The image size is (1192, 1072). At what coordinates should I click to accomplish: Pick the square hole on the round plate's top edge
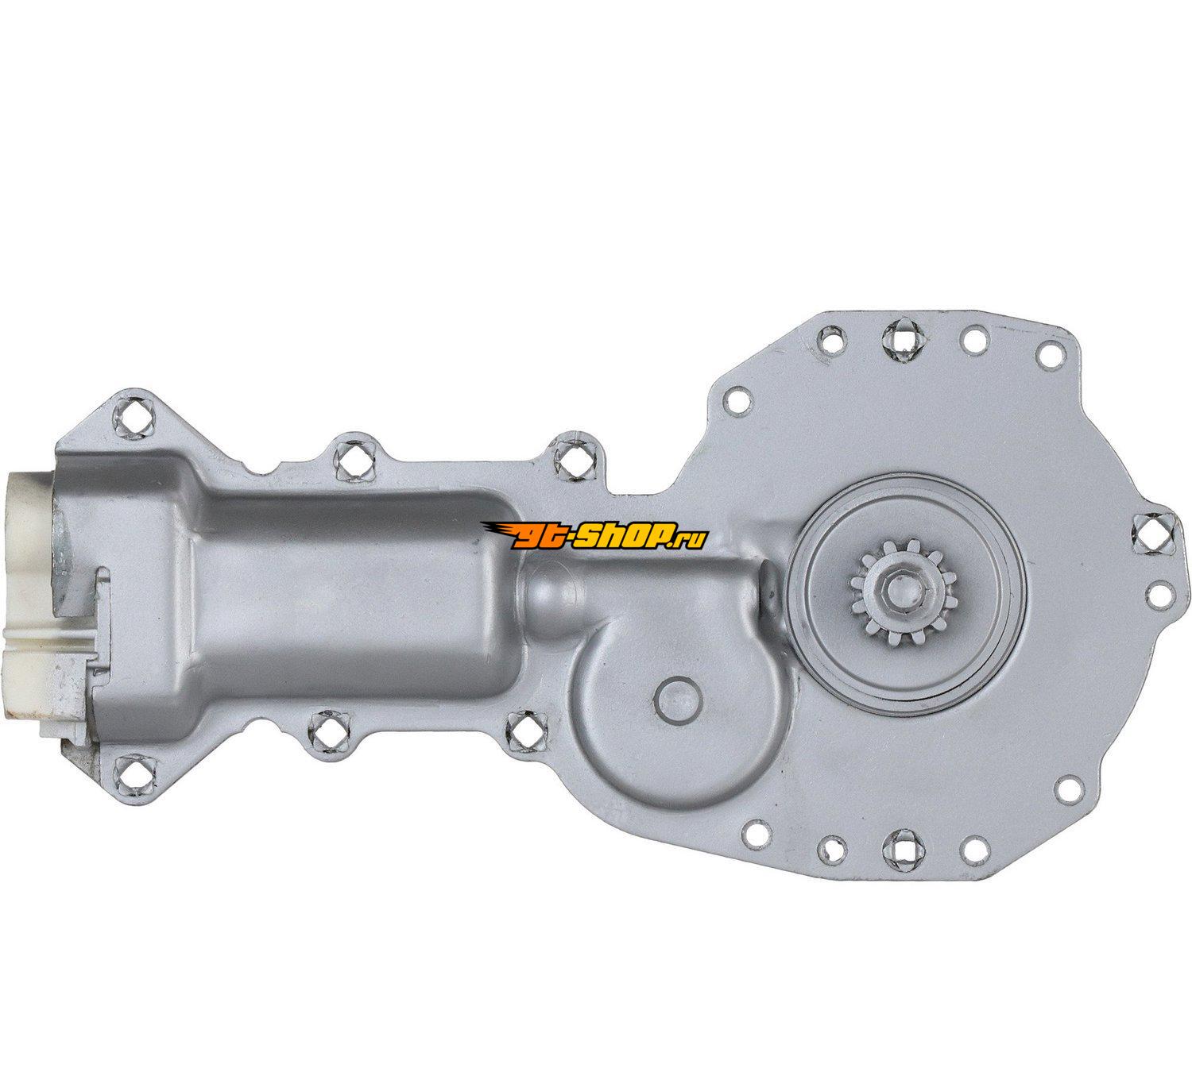pos(901,341)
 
